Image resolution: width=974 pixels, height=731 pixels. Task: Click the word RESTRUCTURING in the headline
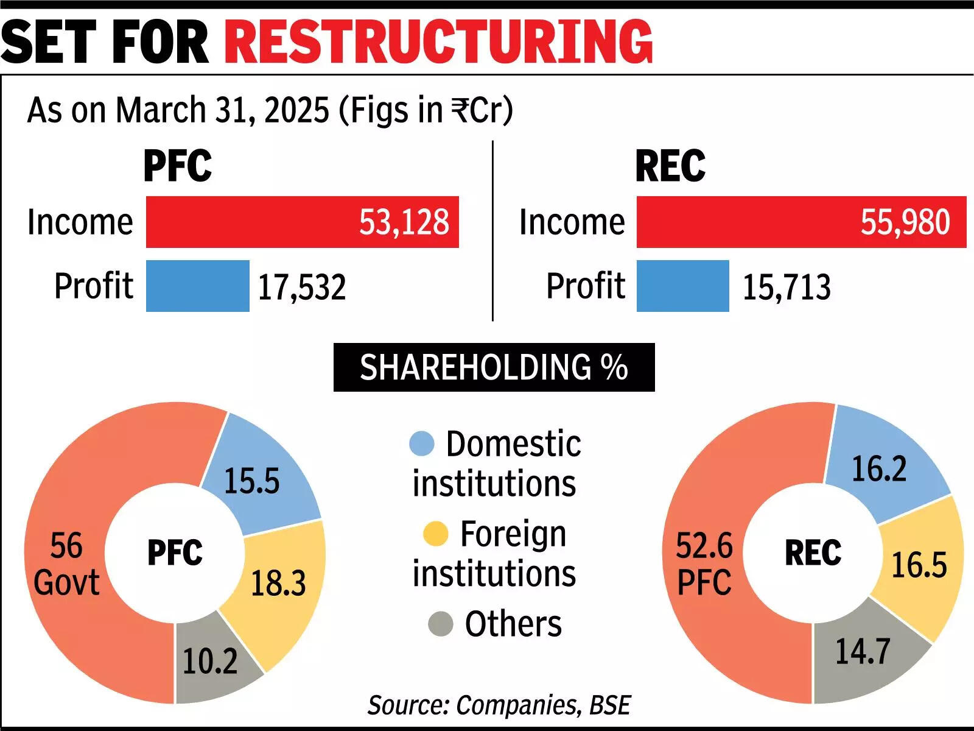(x=438, y=41)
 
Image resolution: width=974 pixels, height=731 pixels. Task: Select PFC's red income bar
(x=302, y=222)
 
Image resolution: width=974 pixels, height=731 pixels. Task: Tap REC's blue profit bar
(x=682, y=286)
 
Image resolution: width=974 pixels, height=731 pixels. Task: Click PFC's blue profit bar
(x=197, y=286)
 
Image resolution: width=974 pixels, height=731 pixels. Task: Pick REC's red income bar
(x=801, y=222)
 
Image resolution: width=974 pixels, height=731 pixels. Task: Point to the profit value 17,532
(x=302, y=287)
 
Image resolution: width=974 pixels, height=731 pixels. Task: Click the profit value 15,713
(x=787, y=287)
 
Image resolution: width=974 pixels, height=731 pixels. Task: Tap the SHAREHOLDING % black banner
(x=494, y=367)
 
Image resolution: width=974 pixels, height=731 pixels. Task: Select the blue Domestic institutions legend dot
(x=422, y=443)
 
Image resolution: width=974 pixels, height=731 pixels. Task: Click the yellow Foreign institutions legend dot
(x=436, y=534)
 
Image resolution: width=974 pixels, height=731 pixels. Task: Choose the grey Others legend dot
(x=440, y=624)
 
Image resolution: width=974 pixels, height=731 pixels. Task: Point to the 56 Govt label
(x=66, y=563)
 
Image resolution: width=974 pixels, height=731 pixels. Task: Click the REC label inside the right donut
(x=813, y=553)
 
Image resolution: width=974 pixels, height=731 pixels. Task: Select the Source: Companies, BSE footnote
(x=499, y=705)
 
